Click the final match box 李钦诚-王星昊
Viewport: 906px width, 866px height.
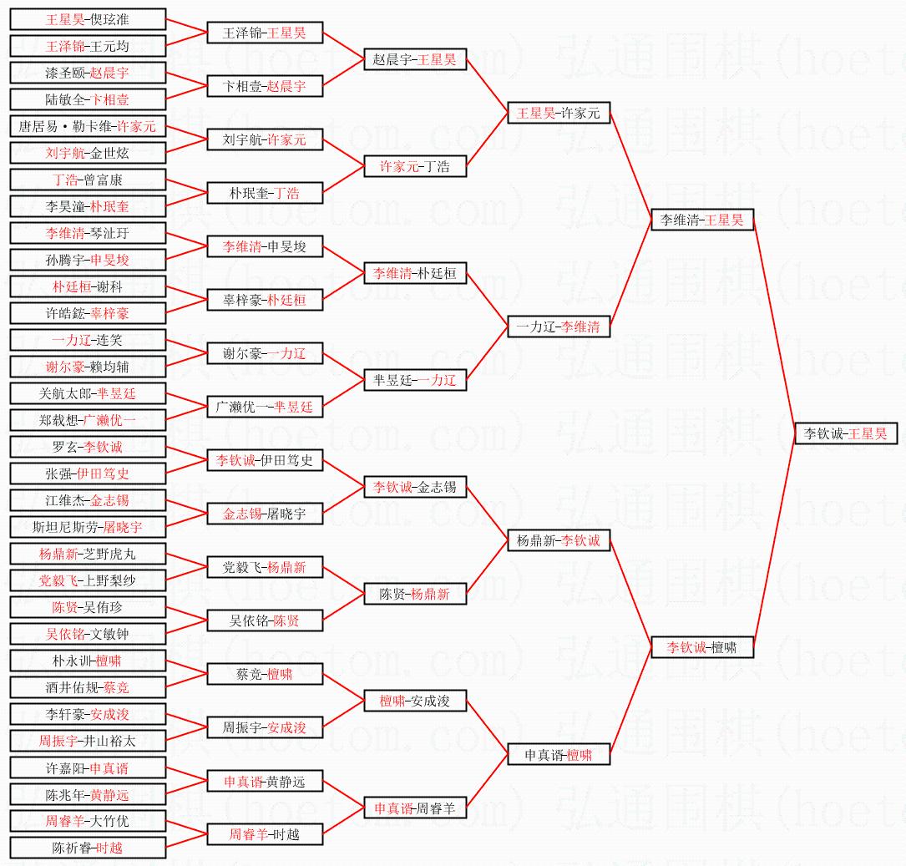pyautogui.click(x=846, y=433)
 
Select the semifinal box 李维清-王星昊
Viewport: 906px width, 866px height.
pyautogui.click(x=702, y=220)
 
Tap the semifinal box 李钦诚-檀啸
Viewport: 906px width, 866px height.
pyautogui.click(x=702, y=647)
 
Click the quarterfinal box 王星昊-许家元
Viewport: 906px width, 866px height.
pyautogui.click(x=559, y=113)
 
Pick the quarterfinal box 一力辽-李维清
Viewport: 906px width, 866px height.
pyautogui.click(x=559, y=327)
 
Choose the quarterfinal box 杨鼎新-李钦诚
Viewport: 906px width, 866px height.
pyautogui.click(x=559, y=540)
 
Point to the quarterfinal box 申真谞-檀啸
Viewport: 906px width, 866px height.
pyautogui.click(x=559, y=754)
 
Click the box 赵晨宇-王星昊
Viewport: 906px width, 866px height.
pyautogui.click(x=415, y=59)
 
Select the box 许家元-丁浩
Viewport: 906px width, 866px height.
pyautogui.click(x=415, y=166)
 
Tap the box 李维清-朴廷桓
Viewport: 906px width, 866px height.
pyautogui.click(x=415, y=273)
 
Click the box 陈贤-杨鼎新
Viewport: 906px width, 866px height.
pyautogui.click(x=415, y=594)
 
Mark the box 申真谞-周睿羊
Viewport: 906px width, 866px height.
pyautogui.click(x=415, y=808)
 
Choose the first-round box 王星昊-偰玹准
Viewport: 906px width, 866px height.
pyautogui.click(x=88, y=19)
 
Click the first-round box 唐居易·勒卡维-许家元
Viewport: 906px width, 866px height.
pyautogui.click(x=88, y=126)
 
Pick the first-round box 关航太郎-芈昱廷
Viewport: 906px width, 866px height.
pyautogui.click(x=88, y=393)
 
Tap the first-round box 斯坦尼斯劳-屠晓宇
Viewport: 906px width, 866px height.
pyautogui.click(x=88, y=527)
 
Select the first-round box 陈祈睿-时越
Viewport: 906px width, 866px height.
pyautogui.click(x=88, y=848)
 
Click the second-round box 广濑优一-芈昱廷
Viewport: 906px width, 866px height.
pyautogui.click(x=265, y=407)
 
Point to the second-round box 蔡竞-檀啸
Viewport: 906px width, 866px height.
pyautogui.click(x=265, y=674)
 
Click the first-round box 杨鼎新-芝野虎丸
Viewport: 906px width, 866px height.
pyautogui.click(x=88, y=554)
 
